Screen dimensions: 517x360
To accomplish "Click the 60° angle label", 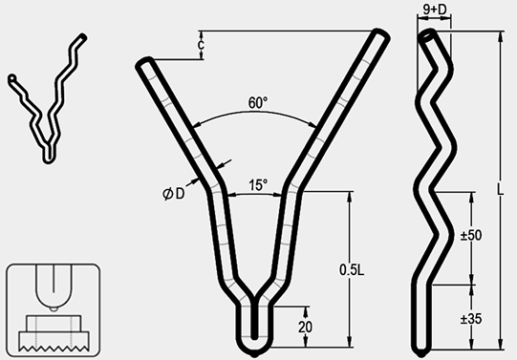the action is (x=258, y=103).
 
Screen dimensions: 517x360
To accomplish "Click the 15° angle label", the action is (x=258, y=185).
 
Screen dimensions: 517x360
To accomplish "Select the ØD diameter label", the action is (x=174, y=194).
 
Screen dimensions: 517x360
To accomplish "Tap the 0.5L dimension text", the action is (x=352, y=270).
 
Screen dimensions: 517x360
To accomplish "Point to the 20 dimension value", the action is (x=305, y=328).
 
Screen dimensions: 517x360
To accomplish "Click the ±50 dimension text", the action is (x=471, y=236).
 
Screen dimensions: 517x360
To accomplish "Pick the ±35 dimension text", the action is (x=471, y=319).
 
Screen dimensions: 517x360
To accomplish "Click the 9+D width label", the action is (x=435, y=10).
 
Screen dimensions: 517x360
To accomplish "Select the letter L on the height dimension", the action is (x=501, y=190).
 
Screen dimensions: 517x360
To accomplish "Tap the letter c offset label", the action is (x=201, y=45).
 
